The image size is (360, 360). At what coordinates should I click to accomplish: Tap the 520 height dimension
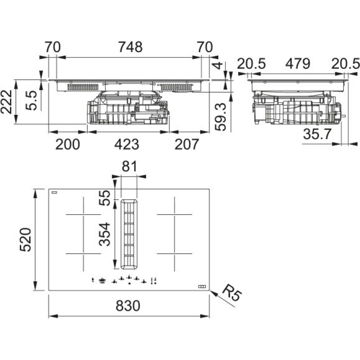coord(25,239)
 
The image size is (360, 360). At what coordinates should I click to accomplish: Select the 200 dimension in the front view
coord(67,144)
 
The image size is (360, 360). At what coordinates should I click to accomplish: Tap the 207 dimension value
coord(186,144)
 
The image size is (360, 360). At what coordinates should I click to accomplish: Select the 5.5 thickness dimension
coord(31,100)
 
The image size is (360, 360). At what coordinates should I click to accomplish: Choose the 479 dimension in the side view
coord(297,64)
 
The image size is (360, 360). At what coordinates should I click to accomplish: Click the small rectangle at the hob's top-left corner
coord(54,192)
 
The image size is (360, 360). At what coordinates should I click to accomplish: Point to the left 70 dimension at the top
coord(53,47)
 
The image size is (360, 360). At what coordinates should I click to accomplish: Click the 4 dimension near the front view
coord(218,66)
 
